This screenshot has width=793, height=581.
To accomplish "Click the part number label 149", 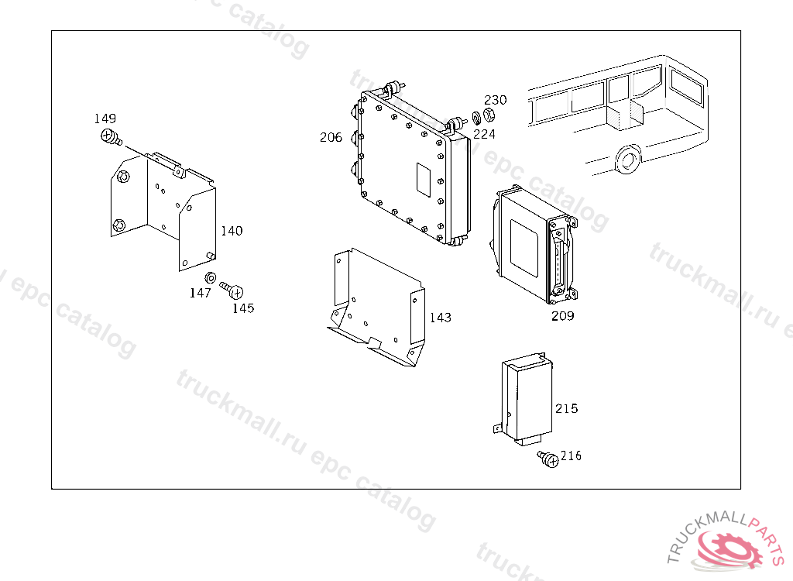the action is pos(105,119).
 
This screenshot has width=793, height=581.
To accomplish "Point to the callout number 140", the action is pos(232,232).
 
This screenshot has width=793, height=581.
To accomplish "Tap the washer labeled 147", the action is pos(211,278).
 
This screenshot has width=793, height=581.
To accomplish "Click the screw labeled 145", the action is pos(232,290).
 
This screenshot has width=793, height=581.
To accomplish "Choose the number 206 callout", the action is pos(331,137).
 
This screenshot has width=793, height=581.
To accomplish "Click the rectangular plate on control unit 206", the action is pos(424,180).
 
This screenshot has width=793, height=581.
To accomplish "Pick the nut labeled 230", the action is pos(489,115).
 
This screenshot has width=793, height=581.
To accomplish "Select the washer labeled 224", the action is pos(477,118).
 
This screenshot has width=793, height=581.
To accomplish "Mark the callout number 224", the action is pos(484,134).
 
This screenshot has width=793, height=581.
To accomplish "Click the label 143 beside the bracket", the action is pos(441,318).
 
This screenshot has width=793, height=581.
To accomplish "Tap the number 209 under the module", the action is pos(562,316).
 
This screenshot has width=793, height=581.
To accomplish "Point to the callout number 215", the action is pos(566,408).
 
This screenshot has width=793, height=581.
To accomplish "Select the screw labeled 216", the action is pos(548,459).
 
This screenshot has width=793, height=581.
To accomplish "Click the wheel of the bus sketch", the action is pos(627,160).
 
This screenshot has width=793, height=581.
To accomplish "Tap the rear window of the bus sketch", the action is pos(685,85).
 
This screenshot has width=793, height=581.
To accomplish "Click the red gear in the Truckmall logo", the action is pos(730,548).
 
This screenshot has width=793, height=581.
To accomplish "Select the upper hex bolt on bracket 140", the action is pos(123,177).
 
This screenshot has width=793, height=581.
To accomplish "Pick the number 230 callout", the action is pos(495,100).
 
